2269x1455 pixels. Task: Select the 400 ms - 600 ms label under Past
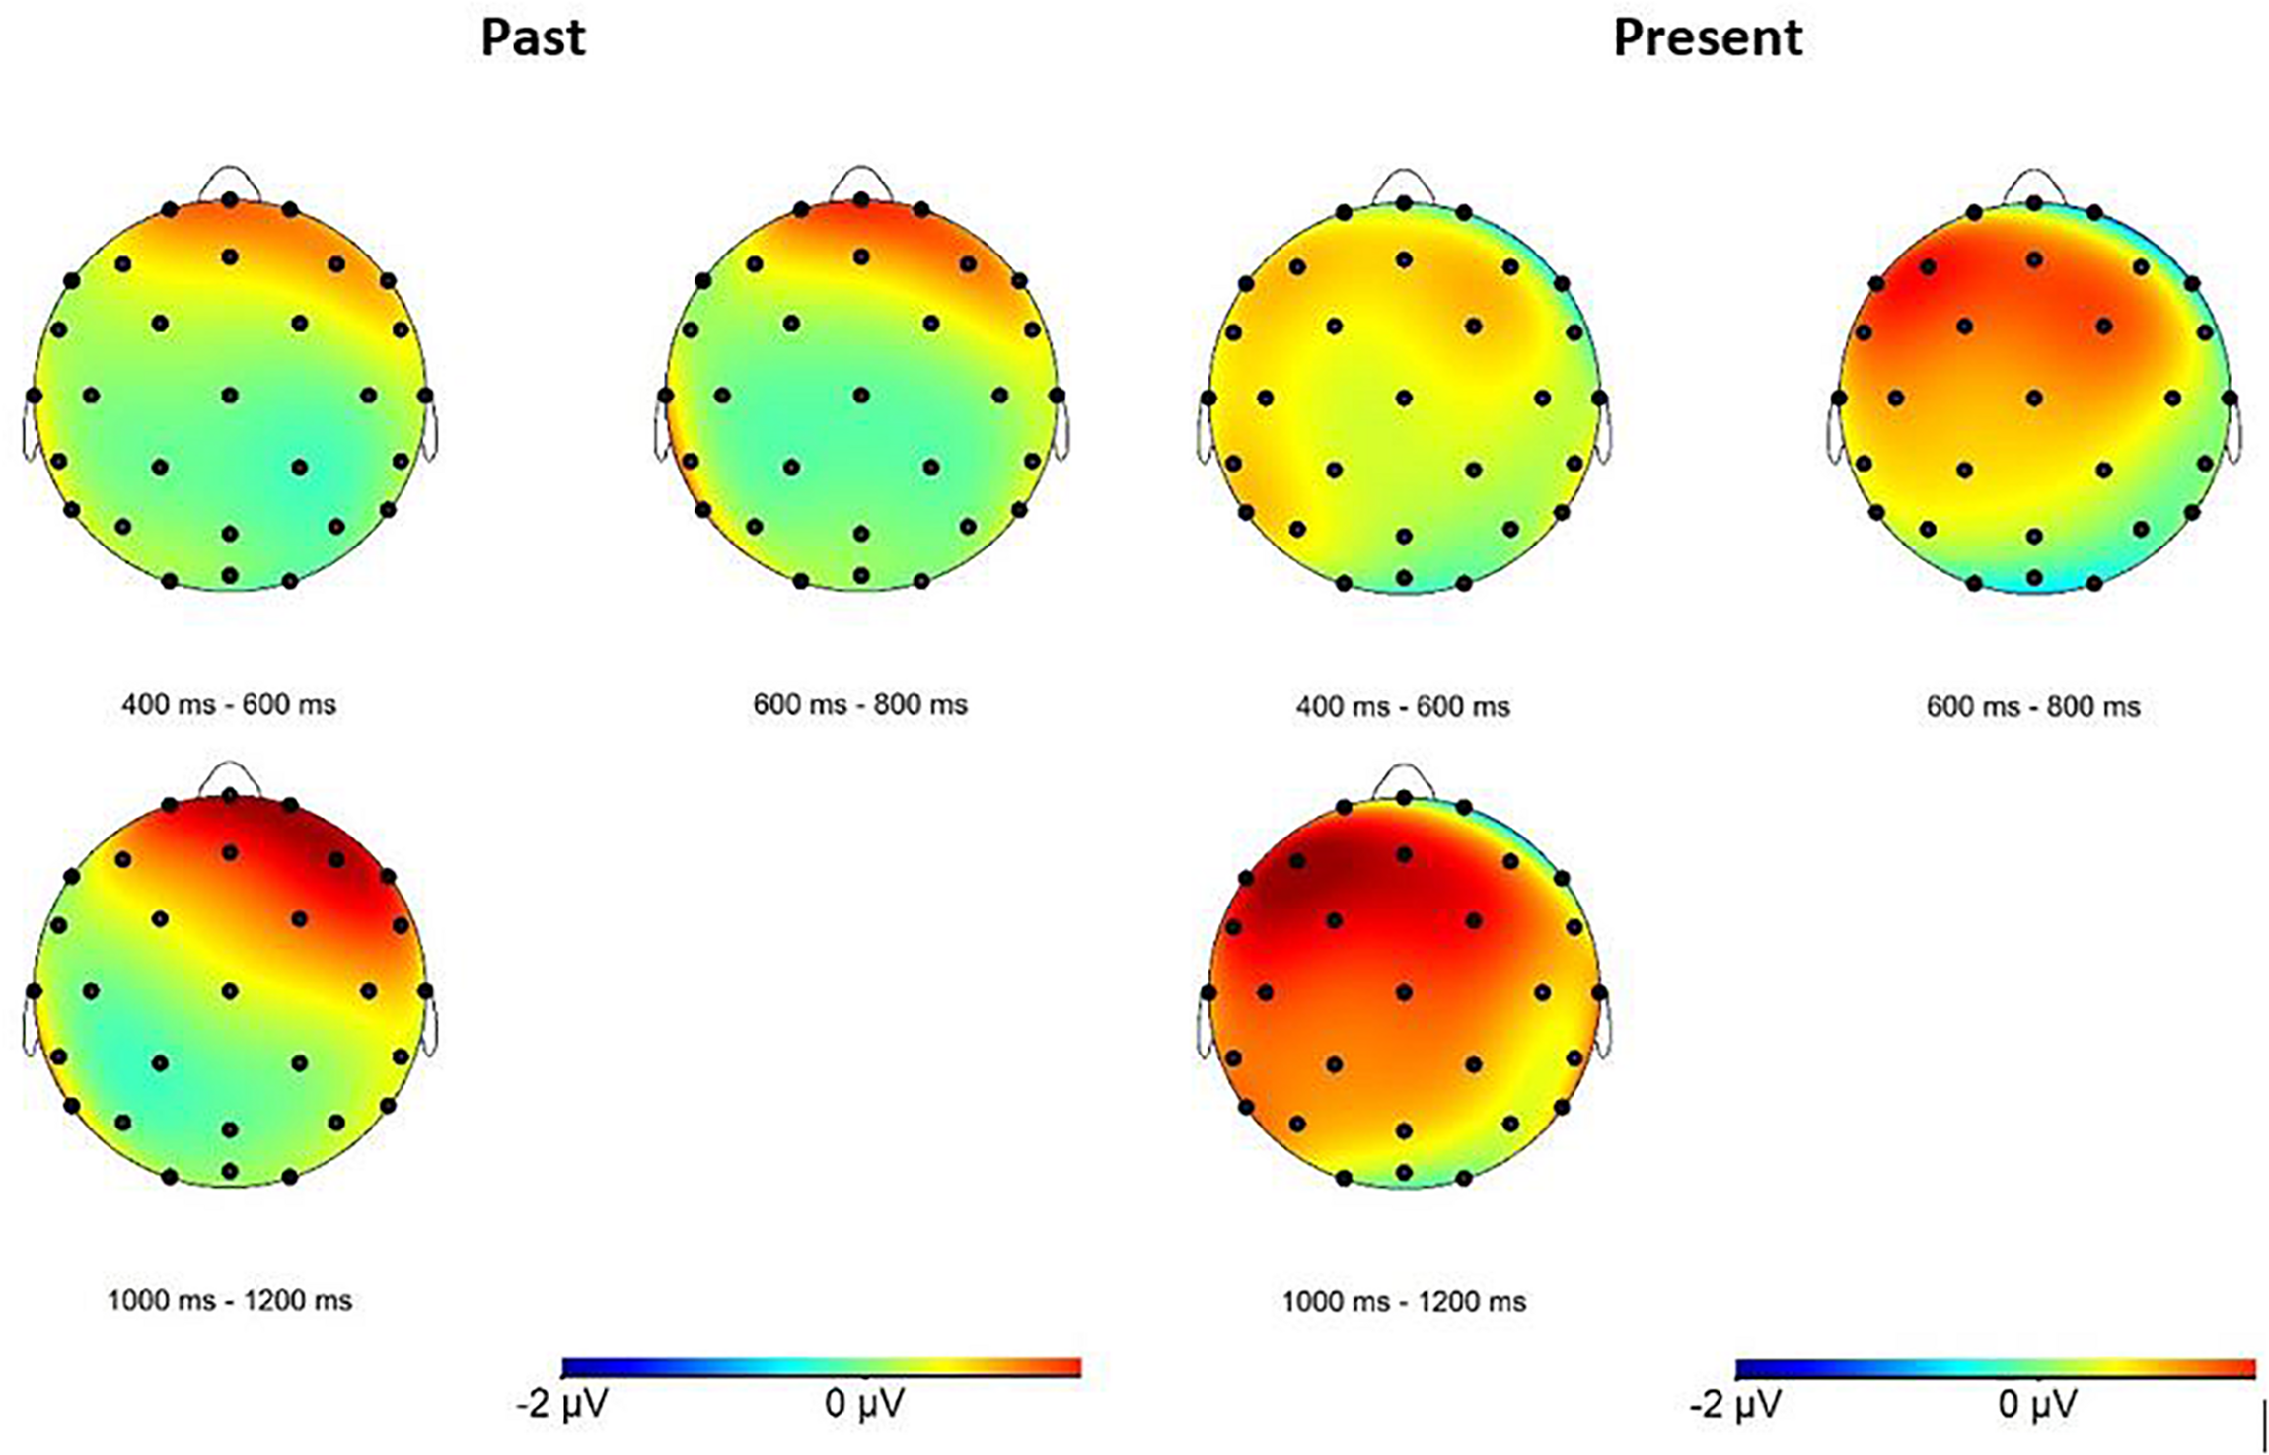[229, 705]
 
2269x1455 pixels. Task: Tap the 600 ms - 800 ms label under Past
[860, 705]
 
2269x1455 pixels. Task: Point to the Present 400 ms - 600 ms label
[1403, 707]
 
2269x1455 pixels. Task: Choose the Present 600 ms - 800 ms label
[2033, 707]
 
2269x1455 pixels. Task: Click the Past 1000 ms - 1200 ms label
[229, 1300]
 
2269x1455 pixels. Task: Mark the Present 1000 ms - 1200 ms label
[1404, 1302]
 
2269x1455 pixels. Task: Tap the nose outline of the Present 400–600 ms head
[1403, 182]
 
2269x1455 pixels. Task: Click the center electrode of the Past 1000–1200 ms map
[230, 990]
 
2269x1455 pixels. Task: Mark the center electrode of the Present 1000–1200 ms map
[1404, 992]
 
